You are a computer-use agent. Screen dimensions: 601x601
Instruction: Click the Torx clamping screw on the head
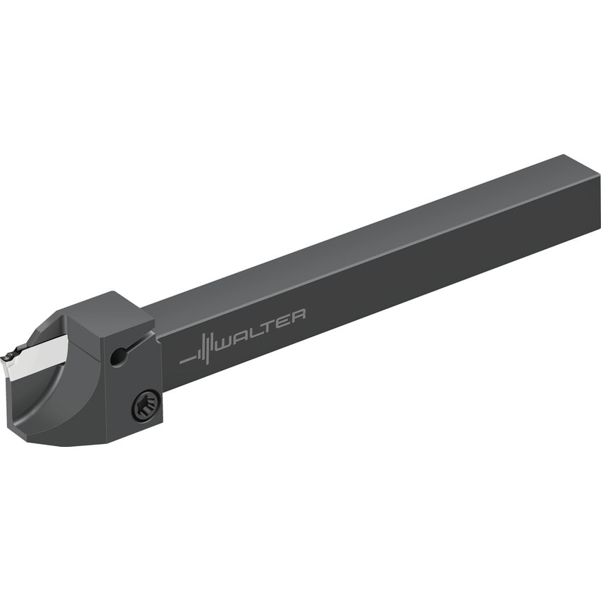click(146, 405)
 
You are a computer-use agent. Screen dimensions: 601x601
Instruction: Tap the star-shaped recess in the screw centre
click(146, 405)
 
